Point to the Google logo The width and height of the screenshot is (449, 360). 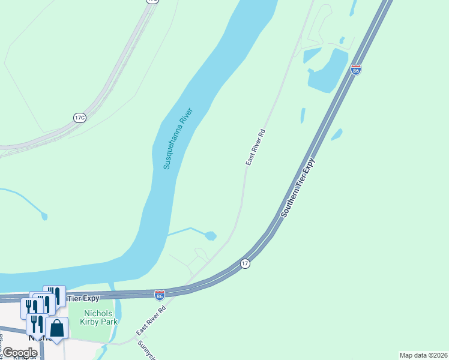click(19, 352)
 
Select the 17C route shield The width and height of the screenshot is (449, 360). click(80, 118)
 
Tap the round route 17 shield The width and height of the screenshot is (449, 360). click(245, 263)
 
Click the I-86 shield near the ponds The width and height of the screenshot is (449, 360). click(356, 70)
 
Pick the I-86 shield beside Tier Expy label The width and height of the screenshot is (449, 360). click(159, 295)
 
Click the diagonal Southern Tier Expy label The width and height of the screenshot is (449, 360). click(297, 187)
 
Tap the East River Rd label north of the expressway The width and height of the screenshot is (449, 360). click(255, 147)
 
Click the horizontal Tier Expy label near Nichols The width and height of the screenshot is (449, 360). click(82, 298)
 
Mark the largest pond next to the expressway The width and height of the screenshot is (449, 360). click(328, 70)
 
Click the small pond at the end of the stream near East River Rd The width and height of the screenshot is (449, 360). click(210, 236)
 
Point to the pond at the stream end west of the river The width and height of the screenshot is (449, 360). click(43, 215)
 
